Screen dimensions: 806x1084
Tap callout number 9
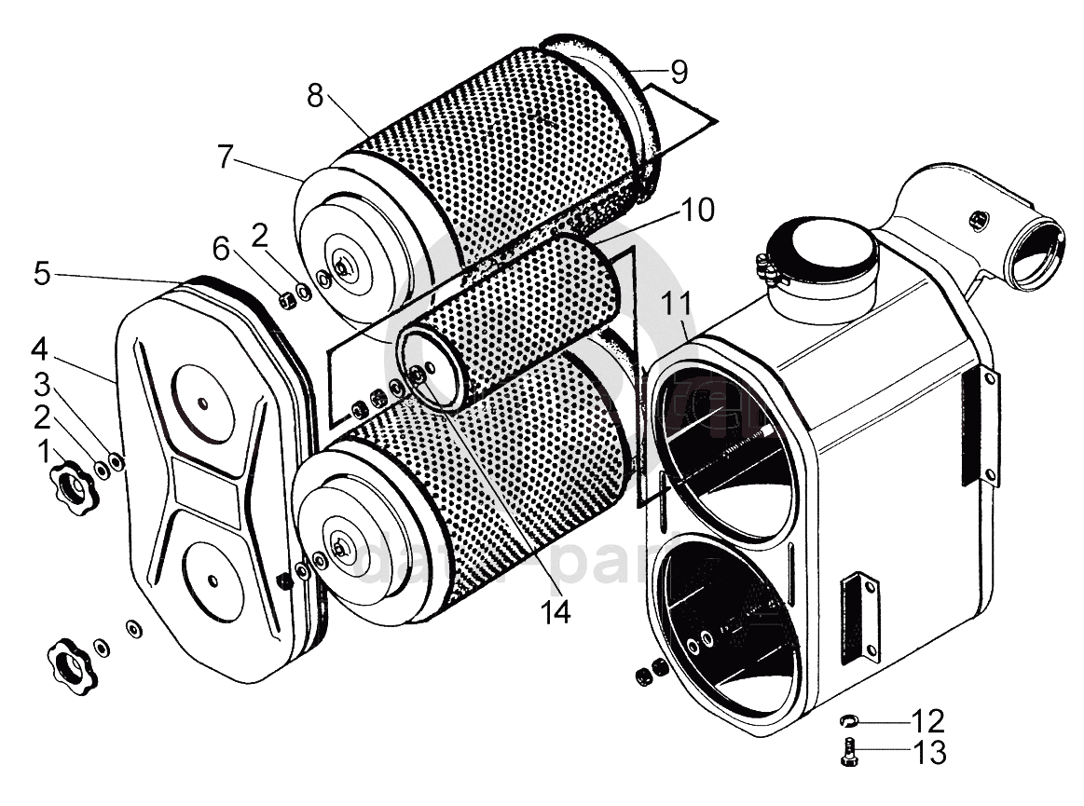(679, 72)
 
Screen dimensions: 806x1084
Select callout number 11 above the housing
(677, 306)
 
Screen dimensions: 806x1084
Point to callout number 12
(928, 720)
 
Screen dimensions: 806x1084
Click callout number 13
(928, 752)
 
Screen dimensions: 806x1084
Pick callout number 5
(42, 274)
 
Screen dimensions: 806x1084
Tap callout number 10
(696, 211)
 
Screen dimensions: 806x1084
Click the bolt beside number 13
(849, 751)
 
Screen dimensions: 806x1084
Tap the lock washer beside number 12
(849, 720)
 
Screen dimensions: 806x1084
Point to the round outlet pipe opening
(1036, 249)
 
